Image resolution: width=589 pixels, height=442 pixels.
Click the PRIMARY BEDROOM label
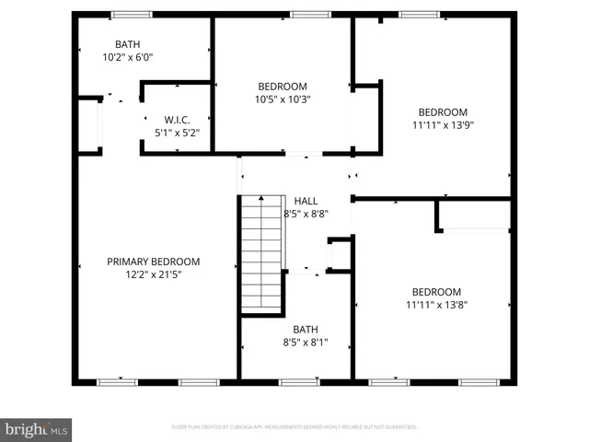click(x=153, y=262)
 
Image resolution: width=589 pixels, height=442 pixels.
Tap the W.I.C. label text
click(x=177, y=120)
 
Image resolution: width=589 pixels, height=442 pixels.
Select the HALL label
click(x=306, y=201)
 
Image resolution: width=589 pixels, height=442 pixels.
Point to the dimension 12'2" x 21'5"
click(x=153, y=274)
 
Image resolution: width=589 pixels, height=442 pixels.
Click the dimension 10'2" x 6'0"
click(x=127, y=57)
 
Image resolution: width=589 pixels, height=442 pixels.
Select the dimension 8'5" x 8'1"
click(x=305, y=343)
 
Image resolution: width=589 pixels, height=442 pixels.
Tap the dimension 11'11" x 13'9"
click(x=443, y=125)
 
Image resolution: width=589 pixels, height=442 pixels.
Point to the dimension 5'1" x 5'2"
click(x=177, y=133)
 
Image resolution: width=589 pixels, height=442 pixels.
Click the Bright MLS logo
click(x=37, y=428)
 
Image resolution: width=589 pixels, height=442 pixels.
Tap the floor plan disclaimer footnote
click(x=294, y=427)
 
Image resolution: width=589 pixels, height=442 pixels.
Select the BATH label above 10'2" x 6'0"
click(x=127, y=44)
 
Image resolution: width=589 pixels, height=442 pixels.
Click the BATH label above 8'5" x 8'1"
click(x=305, y=330)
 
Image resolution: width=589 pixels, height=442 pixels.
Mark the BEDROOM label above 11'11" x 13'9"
click(x=443, y=112)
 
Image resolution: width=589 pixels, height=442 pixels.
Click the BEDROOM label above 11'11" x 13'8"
click(x=436, y=291)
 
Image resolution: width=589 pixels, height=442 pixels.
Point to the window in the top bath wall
click(x=133, y=15)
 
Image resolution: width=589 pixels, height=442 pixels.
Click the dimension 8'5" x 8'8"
click(x=306, y=214)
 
